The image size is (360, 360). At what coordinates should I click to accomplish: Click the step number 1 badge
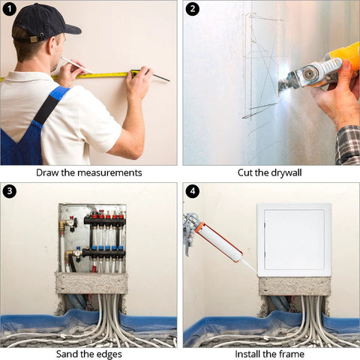9,9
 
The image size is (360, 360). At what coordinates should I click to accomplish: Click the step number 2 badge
192,9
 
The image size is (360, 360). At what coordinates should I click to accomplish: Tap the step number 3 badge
9,192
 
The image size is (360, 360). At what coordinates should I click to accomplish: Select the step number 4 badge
192,192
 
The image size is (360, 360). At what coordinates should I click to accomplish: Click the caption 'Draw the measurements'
88,172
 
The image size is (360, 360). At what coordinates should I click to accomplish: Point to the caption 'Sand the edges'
88,353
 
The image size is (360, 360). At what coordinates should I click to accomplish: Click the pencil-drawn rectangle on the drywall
262,64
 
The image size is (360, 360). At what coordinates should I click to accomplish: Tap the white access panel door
294,240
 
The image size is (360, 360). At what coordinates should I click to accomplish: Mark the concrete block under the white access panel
294,286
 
